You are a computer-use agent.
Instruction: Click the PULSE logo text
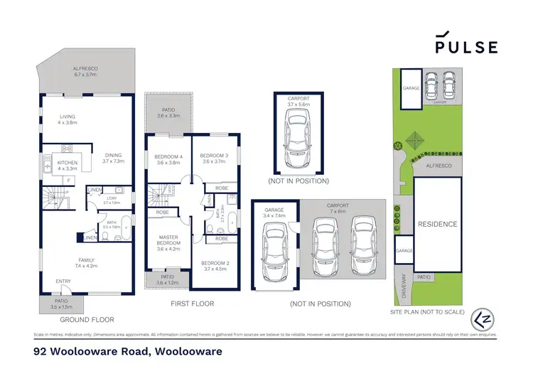(466, 46)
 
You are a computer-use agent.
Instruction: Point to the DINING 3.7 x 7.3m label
(112, 159)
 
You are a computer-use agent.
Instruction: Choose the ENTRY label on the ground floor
(63, 282)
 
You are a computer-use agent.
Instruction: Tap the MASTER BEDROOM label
(167, 244)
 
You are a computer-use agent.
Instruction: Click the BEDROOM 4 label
(168, 159)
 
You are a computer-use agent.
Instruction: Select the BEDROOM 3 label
(213, 159)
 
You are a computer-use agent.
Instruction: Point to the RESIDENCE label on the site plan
(436, 224)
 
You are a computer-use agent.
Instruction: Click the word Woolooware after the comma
(187, 352)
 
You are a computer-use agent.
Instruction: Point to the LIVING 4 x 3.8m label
(68, 119)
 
